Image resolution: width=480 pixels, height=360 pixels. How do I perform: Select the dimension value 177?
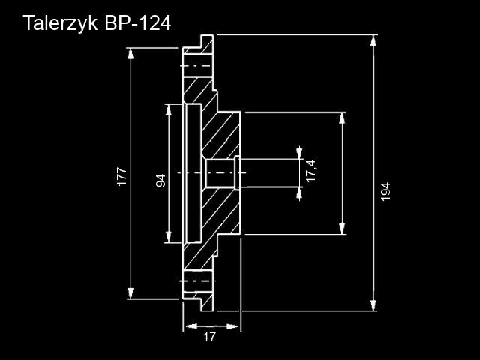click(121, 177)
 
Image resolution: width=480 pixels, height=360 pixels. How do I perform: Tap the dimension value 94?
click(160, 181)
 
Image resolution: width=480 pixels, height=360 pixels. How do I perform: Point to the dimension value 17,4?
click(311, 172)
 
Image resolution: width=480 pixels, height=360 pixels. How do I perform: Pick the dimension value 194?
click(385, 191)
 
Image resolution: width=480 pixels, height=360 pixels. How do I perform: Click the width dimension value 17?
click(209, 337)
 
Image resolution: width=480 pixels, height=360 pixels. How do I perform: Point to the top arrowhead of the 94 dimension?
click(168, 109)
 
